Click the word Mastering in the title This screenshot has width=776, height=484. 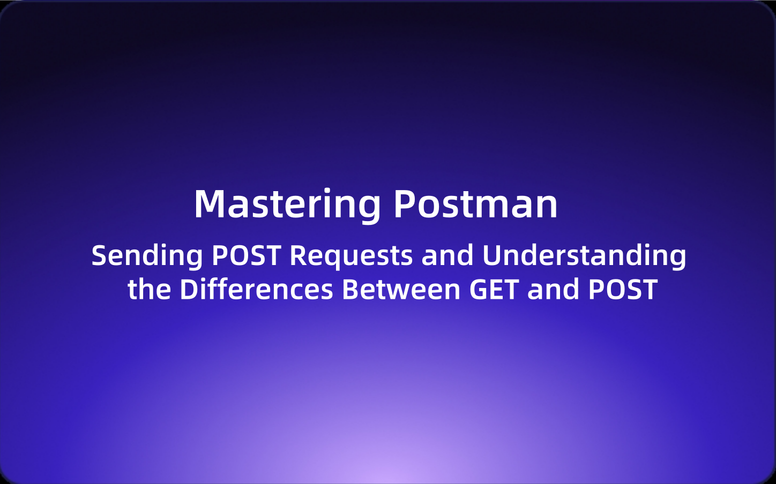click(287, 205)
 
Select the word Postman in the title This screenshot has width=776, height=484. click(475, 205)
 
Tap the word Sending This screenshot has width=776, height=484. click(147, 256)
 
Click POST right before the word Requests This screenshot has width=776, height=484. click(246, 256)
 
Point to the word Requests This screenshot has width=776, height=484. click(351, 256)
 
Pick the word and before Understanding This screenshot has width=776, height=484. click(447, 256)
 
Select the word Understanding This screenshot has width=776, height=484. click(584, 256)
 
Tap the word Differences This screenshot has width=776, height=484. click(256, 290)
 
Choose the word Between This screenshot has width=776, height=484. click(401, 290)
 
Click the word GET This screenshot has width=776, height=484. click(494, 290)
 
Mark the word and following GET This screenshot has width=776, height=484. click(554, 290)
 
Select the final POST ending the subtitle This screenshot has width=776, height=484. click(623, 290)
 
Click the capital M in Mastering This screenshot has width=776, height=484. click(208, 205)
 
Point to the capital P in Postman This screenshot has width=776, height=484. click(405, 205)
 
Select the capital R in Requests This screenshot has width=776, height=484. click(299, 256)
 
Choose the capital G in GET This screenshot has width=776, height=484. click(479, 290)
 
